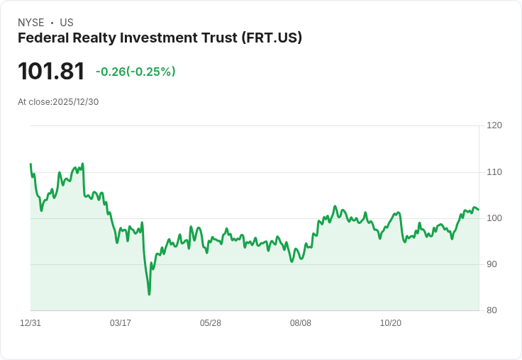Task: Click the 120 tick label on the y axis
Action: [x=494, y=125]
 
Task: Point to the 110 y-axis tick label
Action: [x=494, y=172]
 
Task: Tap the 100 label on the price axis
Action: [x=494, y=218]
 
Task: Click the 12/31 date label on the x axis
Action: [x=30, y=323]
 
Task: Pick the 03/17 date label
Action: [x=121, y=323]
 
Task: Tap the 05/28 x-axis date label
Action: [x=211, y=323]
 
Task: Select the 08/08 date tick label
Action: [x=301, y=323]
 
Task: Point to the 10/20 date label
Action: [x=391, y=323]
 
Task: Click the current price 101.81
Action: [x=51, y=71]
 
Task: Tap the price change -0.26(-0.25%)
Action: [x=135, y=72]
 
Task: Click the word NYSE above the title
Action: [x=30, y=23]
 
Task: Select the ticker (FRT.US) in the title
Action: [x=272, y=38]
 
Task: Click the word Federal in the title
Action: [x=42, y=38]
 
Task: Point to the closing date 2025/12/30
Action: [x=76, y=102]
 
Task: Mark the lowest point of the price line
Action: [x=149, y=294]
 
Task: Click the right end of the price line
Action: [x=479, y=210]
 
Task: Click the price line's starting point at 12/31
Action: [x=30, y=164]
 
